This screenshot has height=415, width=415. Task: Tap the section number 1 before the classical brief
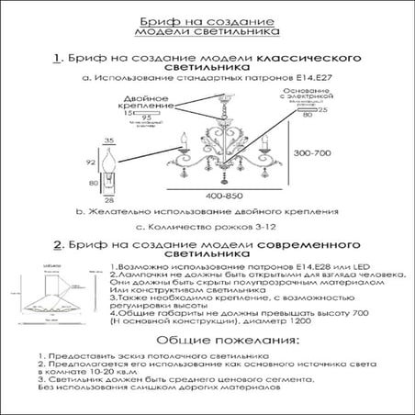[58, 58]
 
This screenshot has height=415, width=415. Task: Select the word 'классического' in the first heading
[306, 58]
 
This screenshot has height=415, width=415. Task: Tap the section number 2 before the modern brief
[58, 247]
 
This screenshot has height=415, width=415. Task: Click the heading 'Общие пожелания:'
[206, 340]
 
